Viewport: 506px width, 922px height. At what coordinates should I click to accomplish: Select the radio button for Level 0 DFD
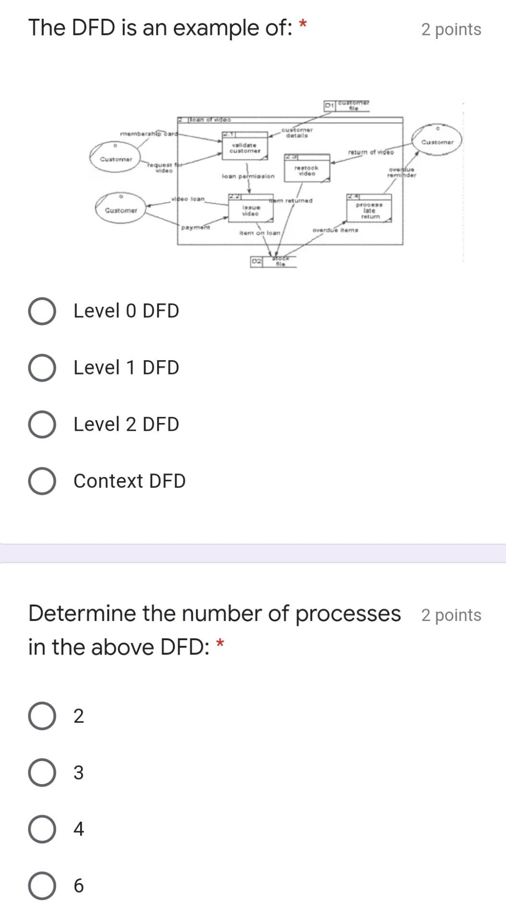[42, 311]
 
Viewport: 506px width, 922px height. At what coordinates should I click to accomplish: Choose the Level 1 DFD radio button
[42, 368]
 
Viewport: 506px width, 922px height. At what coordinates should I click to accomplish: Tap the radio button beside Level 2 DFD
[42, 425]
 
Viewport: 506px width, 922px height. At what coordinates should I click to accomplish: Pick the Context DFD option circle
[42, 481]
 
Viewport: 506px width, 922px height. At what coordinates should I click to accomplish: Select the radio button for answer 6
[42, 886]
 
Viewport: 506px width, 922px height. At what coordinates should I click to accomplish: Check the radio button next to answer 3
[42, 773]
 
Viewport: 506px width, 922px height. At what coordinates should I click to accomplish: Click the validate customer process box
[244, 146]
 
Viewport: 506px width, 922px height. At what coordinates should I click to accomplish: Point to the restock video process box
[306, 169]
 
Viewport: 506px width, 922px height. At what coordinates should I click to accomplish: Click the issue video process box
[250, 209]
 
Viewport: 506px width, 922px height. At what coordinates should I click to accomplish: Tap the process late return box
[369, 209]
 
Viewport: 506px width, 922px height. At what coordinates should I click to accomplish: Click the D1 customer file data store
[347, 106]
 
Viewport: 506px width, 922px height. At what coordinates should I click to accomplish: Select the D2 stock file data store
[273, 262]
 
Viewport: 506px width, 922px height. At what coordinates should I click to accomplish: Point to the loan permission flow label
[248, 176]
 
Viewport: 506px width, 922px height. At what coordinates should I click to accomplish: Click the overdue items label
[335, 230]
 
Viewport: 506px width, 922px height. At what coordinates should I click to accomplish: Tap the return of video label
[371, 152]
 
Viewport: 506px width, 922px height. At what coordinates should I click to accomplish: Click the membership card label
[148, 133]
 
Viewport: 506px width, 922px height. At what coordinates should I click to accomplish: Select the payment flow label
[195, 227]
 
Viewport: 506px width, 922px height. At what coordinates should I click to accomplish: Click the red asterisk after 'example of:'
[302, 24]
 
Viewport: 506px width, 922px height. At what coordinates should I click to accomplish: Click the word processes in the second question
[348, 614]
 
